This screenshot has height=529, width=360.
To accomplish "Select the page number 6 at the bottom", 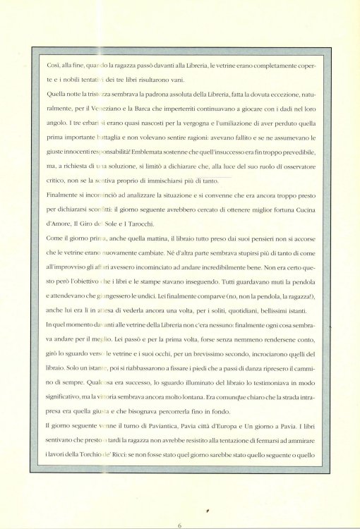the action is [x=180, y=524].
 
